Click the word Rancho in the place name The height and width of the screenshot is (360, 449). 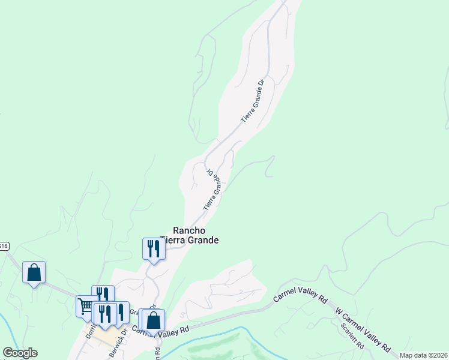[x=190, y=230]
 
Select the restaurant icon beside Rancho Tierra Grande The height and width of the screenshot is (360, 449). [x=154, y=248]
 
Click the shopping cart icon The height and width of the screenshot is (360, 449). [x=86, y=306]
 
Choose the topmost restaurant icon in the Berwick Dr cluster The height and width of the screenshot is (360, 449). [x=103, y=295]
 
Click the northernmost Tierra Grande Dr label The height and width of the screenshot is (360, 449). [x=253, y=102]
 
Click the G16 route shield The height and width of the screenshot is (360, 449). [x=4, y=245]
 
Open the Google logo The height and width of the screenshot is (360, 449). [x=20, y=353]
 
